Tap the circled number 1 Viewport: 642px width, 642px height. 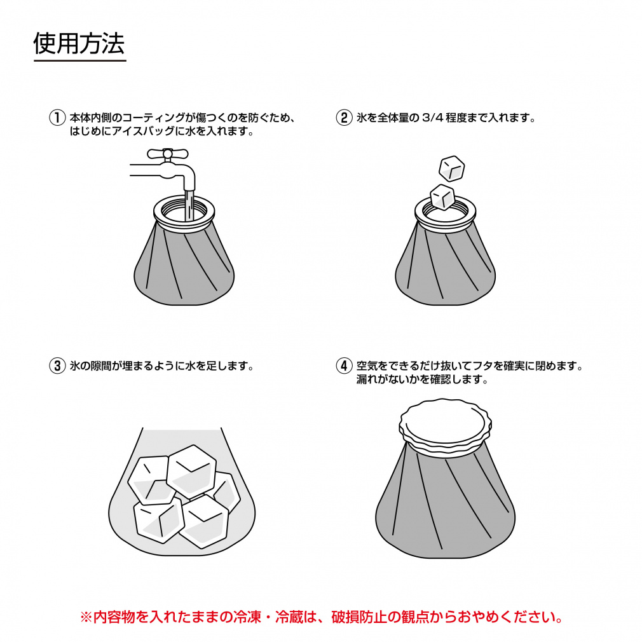[57, 118]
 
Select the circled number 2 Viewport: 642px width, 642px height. [343, 118]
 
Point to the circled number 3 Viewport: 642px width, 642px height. [57, 366]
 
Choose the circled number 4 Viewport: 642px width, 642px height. [343, 366]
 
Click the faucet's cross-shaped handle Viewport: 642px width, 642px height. [167, 153]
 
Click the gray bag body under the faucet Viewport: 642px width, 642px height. [184, 267]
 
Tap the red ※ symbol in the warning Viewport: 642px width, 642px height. [86, 617]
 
